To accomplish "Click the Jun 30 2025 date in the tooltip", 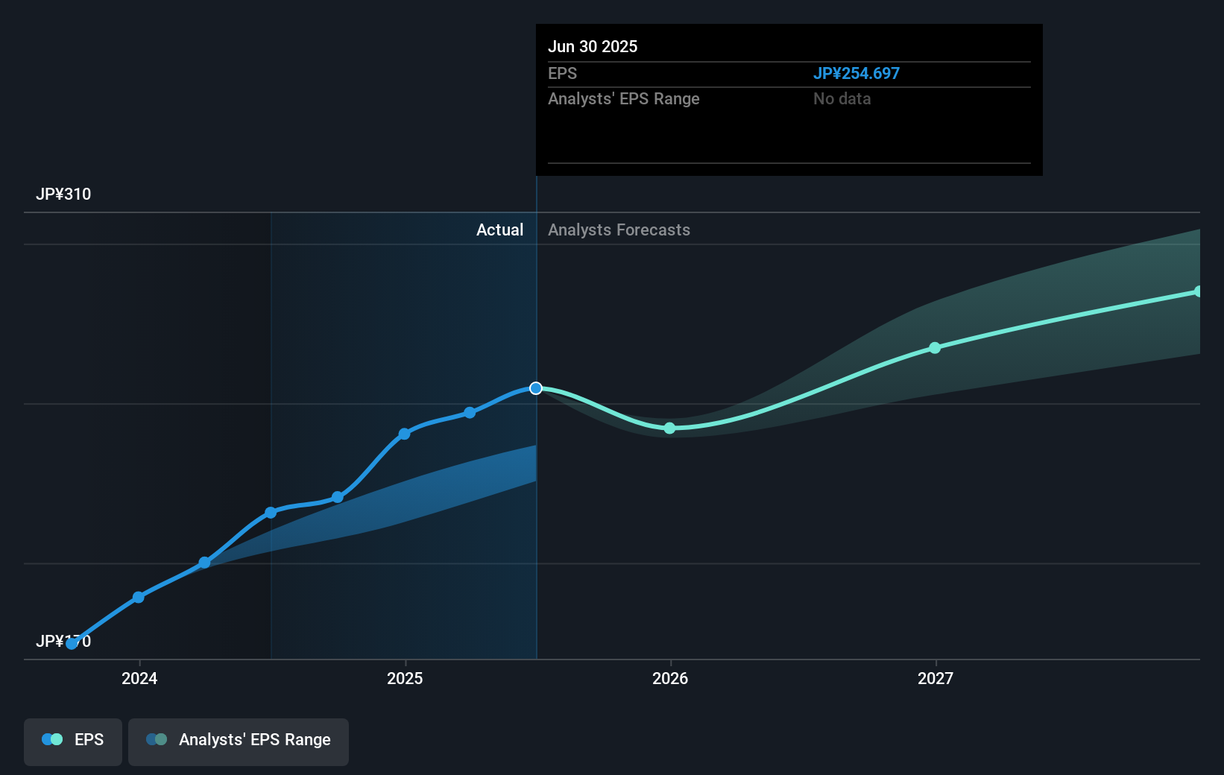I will pyautogui.click(x=593, y=46).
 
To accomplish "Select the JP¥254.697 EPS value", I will pyautogui.click(x=856, y=73).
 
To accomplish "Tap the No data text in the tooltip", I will pyautogui.click(x=842, y=98).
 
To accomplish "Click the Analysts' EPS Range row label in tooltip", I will pyautogui.click(x=623, y=98).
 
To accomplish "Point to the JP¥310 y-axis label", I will pyautogui.click(x=63, y=194).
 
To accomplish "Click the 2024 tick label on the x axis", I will pyautogui.click(x=139, y=678).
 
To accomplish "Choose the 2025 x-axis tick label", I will pyautogui.click(x=405, y=678).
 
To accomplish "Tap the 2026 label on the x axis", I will pyautogui.click(x=670, y=678).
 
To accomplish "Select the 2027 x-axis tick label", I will pyautogui.click(x=936, y=678).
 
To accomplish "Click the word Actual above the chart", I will pyautogui.click(x=499, y=230).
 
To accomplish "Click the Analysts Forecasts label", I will pyautogui.click(x=619, y=230).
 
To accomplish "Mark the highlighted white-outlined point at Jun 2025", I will pyautogui.click(x=536, y=388).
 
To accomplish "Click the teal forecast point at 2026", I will pyautogui.click(x=669, y=428).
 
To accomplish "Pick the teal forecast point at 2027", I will pyautogui.click(x=935, y=348).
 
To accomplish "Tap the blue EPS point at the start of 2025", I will pyautogui.click(x=404, y=434).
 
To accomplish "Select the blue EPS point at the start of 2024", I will pyautogui.click(x=139, y=597).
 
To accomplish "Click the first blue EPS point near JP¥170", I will pyautogui.click(x=72, y=644).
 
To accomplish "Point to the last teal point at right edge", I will pyautogui.click(x=1198, y=291).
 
